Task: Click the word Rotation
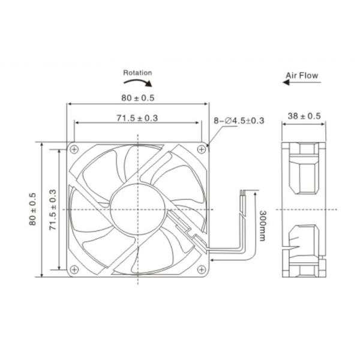(137, 73)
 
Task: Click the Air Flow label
(301, 76)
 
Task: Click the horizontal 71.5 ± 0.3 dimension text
(138, 118)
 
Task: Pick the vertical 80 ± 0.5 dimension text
(32, 209)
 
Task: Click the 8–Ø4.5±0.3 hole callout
(239, 121)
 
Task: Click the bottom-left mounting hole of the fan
(74, 268)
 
